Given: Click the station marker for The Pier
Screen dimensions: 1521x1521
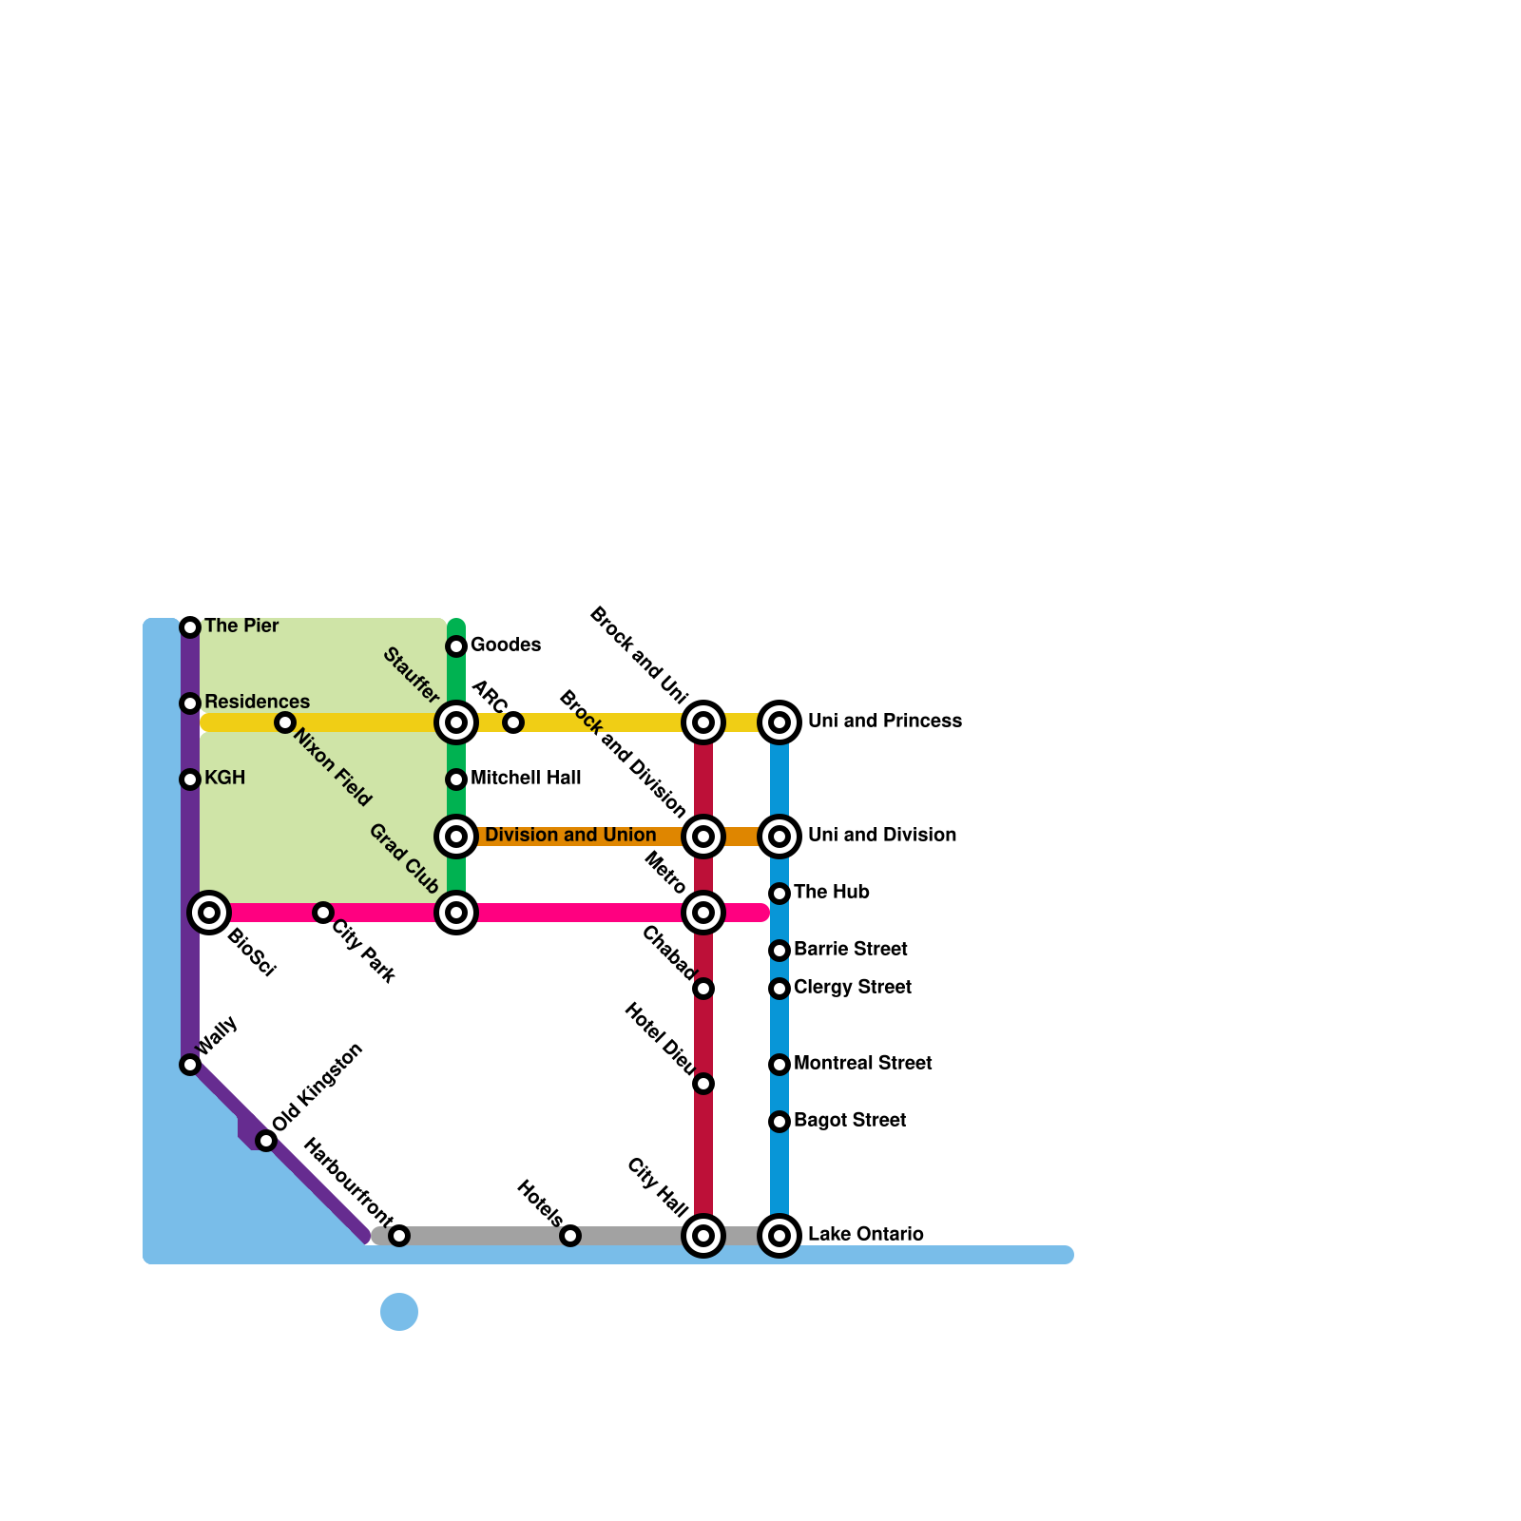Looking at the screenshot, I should click(190, 627).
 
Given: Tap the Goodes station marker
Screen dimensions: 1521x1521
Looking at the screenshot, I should click(456, 646).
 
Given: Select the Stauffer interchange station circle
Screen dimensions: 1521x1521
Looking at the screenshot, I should click(456, 722).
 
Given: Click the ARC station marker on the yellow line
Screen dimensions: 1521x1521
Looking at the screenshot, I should click(513, 722).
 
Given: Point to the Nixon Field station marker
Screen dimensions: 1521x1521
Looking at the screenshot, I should click(285, 722).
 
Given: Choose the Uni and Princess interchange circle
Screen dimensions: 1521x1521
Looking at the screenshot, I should click(780, 722).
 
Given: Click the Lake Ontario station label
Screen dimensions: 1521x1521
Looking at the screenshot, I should click(865, 1235).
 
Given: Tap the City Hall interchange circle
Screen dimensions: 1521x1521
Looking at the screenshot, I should click(703, 1236).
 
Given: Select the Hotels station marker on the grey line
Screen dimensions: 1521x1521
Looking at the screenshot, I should click(570, 1236).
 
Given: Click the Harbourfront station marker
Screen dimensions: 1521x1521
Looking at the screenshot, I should click(399, 1236).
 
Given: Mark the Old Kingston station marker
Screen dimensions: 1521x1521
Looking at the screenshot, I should click(266, 1141).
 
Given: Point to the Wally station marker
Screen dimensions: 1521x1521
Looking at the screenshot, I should click(190, 1065).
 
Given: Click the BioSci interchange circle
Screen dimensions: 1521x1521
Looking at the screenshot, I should click(209, 913).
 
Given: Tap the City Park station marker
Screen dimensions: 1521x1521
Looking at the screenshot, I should click(323, 913).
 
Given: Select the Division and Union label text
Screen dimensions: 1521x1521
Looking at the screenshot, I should click(570, 836).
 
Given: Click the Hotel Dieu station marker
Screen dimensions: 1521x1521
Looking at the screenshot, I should click(703, 1084).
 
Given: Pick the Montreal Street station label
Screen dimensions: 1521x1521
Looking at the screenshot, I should click(862, 1064).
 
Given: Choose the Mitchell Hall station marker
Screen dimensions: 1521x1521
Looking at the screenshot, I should click(456, 780).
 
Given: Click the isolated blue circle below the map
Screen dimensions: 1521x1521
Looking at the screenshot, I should click(399, 1312).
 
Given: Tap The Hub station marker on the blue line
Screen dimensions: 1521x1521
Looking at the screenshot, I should click(780, 894).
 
